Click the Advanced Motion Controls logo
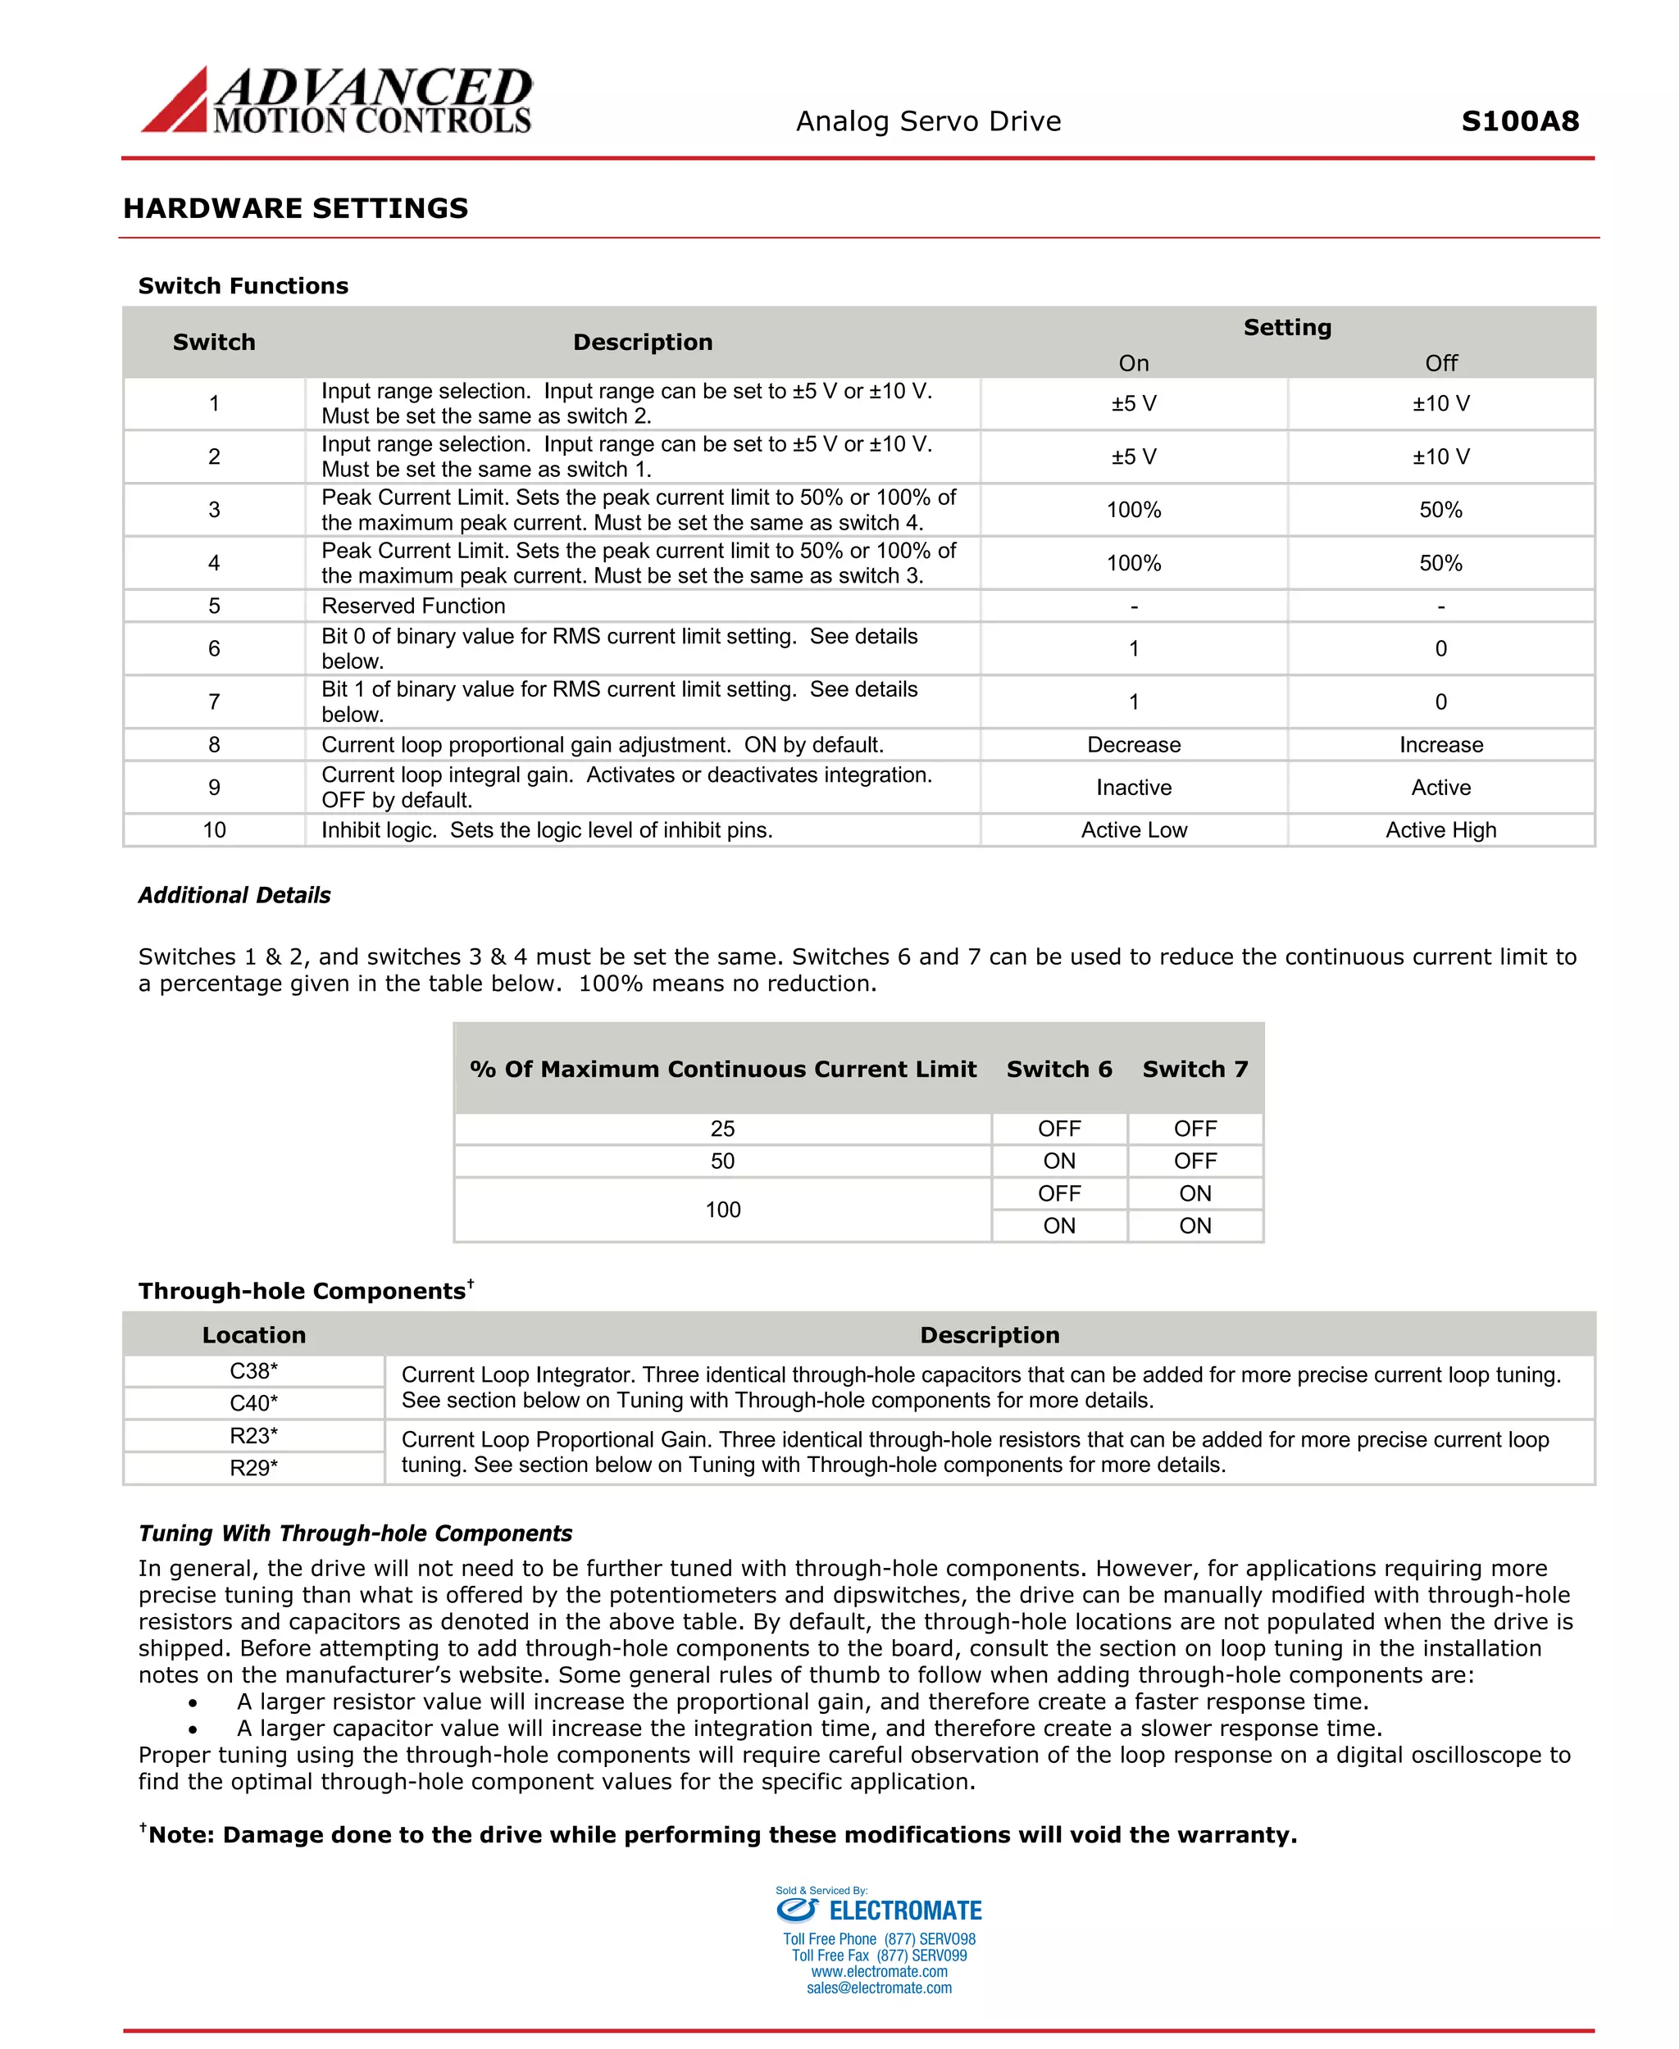[x=337, y=100]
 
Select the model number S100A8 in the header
[x=1519, y=120]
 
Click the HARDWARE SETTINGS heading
[x=295, y=208]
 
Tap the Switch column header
[x=214, y=343]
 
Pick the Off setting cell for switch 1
[x=1440, y=403]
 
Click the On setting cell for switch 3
[x=1134, y=510]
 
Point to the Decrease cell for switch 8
[x=1134, y=744]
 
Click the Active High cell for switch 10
[x=1440, y=829]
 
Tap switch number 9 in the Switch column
[x=214, y=787]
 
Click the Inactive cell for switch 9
[x=1134, y=787]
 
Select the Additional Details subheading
[x=234, y=895]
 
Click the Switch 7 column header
[x=1194, y=1069]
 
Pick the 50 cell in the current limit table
[x=722, y=1161]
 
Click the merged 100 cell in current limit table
[x=722, y=1210]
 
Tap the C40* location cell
[x=253, y=1403]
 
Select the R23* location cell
[x=253, y=1435]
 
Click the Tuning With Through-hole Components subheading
[x=355, y=1533]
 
